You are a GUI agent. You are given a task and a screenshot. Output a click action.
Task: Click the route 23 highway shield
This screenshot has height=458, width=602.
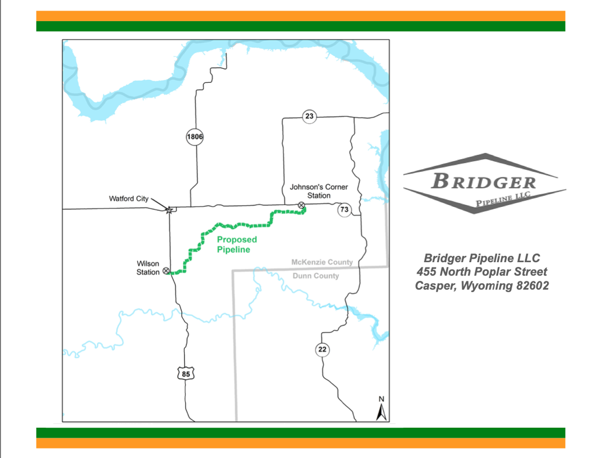310,117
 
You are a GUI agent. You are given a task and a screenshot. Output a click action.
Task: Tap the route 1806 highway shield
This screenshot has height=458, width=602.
195,137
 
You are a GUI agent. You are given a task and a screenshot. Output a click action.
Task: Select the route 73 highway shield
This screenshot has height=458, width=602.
344,210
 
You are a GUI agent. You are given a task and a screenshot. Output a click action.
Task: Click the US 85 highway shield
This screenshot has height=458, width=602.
186,374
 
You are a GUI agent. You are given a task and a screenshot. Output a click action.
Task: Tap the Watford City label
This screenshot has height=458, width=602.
129,199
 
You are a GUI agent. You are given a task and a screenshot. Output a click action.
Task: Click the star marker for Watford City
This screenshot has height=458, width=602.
169,210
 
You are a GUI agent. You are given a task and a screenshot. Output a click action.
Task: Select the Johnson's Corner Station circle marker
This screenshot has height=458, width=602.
301,205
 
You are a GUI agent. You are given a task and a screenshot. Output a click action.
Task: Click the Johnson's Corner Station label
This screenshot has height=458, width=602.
319,191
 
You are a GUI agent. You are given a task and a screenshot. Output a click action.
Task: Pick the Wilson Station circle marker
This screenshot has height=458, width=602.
166,271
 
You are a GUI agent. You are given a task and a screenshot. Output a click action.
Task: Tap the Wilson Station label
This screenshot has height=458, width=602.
148,268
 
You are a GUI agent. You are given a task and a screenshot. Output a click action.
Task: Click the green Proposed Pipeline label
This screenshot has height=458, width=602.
236,245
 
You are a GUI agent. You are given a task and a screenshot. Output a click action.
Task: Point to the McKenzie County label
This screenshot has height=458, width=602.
322,262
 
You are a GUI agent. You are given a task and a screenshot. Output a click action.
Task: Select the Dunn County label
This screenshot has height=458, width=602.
316,276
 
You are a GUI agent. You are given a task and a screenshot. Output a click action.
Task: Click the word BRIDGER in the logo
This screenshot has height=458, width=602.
484,181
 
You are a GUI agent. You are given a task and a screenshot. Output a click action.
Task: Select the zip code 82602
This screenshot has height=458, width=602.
528,286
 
